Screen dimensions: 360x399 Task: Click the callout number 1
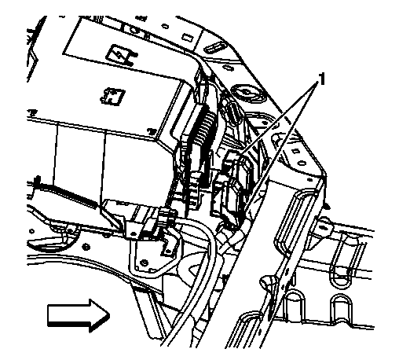pyautogui.click(x=320, y=80)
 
